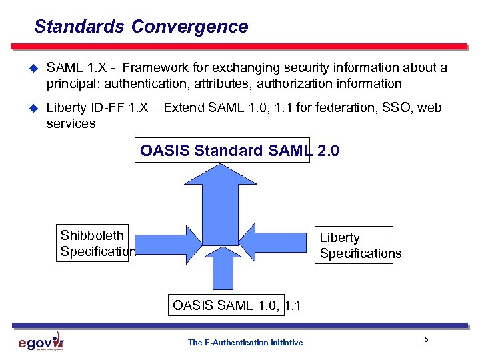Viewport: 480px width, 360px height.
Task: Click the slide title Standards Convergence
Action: [x=141, y=27]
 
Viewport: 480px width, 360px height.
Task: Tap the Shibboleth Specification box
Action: [x=93, y=243]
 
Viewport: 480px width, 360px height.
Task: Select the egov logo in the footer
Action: [x=41, y=343]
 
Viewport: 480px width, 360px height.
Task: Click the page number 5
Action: [x=426, y=341]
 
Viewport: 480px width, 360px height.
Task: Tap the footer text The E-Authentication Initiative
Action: [x=245, y=343]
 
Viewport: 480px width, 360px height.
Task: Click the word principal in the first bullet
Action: [x=70, y=84]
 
